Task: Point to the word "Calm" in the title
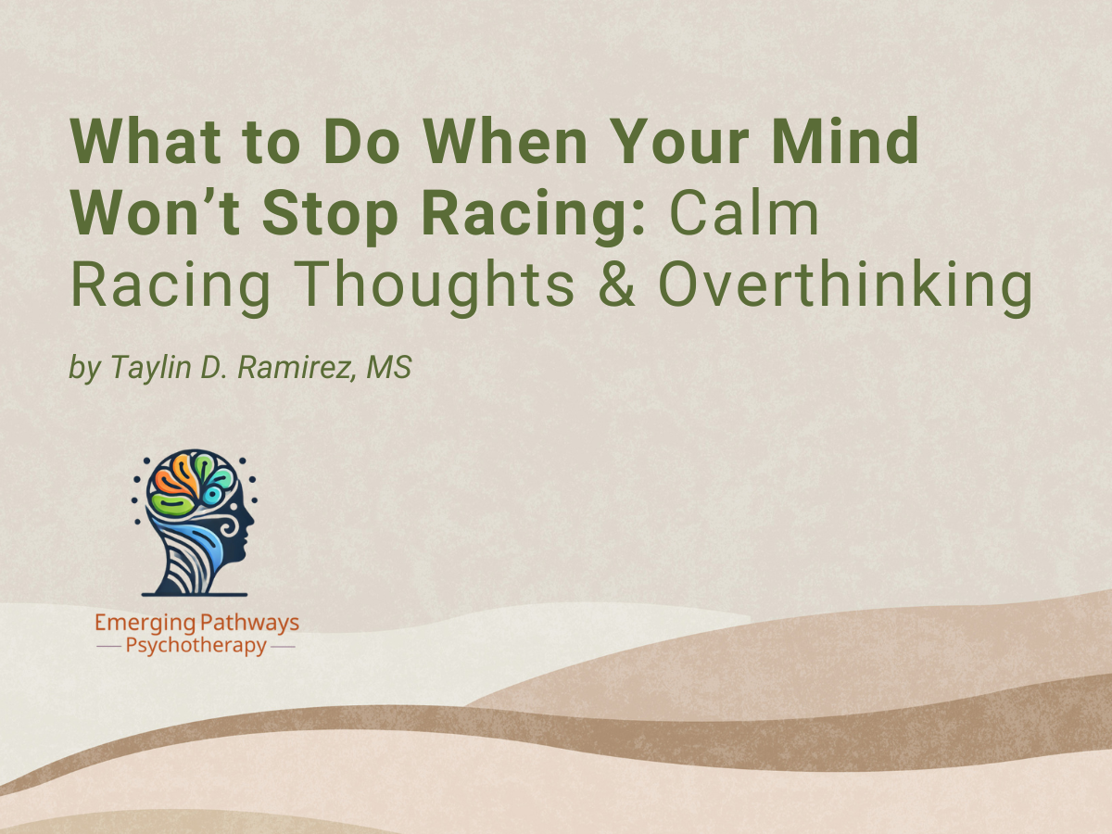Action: [x=746, y=216]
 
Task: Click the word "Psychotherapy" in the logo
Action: [x=196, y=646]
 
